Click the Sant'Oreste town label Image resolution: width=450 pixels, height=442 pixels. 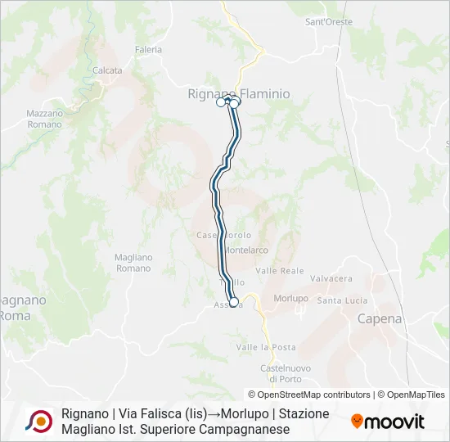tap(328, 22)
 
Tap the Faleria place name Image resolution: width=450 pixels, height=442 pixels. tap(149, 49)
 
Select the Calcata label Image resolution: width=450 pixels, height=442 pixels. tap(107, 70)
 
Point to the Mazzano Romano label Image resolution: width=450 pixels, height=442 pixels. tap(44, 119)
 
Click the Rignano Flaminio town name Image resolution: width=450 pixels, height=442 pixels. tap(238, 94)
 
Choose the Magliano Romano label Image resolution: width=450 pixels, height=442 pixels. tap(133, 263)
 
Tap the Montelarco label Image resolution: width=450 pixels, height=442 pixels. tap(247, 250)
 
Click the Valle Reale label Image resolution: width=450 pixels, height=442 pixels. tap(279, 270)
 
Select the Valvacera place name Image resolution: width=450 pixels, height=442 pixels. tap(331, 278)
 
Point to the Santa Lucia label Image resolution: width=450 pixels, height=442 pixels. tap(342, 300)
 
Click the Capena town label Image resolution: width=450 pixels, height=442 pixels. tap(380, 319)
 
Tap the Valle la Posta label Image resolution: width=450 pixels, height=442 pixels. tap(266, 347)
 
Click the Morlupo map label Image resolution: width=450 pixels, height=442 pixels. tap(290, 298)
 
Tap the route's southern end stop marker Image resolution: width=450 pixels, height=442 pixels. tap(234, 302)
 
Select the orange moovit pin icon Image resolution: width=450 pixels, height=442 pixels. tap(358, 422)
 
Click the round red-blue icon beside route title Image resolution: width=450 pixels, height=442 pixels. tap(38, 421)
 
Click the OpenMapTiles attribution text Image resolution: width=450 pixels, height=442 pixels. tap(413, 395)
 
